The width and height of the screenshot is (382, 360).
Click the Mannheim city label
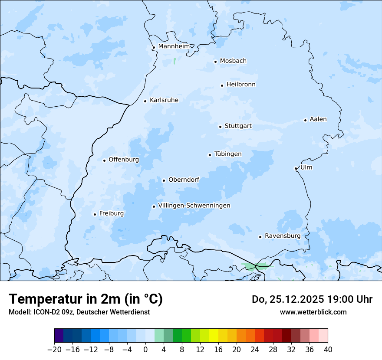(174, 46)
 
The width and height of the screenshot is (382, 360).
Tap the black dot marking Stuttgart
(220, 127)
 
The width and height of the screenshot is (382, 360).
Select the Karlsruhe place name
(164, 100)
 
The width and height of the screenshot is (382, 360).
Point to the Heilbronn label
(241, 85)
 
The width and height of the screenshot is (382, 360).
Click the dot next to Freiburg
(95, 214)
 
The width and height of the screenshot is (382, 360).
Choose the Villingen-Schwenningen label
(194, 206)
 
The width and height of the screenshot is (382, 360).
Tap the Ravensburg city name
(282, 236)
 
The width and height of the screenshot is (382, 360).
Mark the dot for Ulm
(296, 168)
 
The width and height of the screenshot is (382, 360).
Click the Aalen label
(318, 119)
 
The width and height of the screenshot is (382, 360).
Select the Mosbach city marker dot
(215, 62)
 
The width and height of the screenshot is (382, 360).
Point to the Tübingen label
(227, 154)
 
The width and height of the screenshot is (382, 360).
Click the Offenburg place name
(124, 160)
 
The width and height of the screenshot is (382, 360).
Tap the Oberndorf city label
(184, 180)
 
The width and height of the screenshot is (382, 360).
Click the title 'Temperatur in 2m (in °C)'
(86, 299)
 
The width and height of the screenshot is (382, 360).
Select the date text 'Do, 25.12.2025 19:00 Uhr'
(312, 299)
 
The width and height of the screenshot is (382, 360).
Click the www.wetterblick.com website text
(313, 312)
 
